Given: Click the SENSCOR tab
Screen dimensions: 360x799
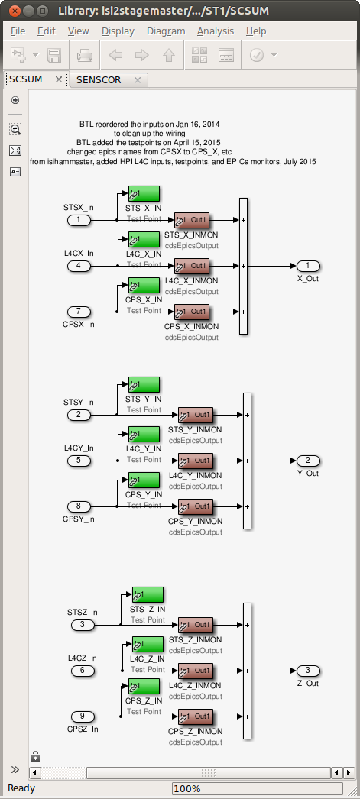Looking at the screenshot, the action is click(x=99, y=80).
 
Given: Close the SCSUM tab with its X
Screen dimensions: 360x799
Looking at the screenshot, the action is click(x=59, y=79).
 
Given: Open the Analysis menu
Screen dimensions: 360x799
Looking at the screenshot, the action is click(x=216, y=31).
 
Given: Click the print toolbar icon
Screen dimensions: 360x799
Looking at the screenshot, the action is click(x=85, y=54).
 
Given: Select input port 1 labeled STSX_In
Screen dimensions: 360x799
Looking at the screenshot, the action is click(x=79, y=220).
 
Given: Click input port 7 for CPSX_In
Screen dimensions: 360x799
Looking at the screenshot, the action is click(x=79, y=312).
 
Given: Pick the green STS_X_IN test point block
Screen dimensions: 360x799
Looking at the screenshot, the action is click(x=144, y=193).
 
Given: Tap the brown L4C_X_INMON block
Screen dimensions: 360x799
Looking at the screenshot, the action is click(x=192, y=266).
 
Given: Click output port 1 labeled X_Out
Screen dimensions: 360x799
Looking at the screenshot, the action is click(x=308, y=266).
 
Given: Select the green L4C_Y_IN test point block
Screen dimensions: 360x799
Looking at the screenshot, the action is click(x=144, y=435).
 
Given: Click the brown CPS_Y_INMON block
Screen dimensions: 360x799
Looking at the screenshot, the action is click(x=196, y=506).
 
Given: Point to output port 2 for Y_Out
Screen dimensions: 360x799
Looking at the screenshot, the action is click(x=308, y=461).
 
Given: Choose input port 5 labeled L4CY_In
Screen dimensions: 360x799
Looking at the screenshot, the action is click(x=79, y=461).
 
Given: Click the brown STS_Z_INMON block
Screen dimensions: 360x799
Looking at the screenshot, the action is click(x=196, y=625).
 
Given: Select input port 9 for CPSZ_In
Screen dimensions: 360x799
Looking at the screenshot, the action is click(x=83, y=717).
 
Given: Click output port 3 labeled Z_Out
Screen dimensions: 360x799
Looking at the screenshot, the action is click(x=308, y=671).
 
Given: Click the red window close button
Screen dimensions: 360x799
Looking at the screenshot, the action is click(x=15, y=10).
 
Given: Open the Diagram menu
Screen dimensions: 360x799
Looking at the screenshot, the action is click(x=166, y=31).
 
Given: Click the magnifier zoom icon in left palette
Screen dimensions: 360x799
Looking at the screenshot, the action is click(x=15, y=129).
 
